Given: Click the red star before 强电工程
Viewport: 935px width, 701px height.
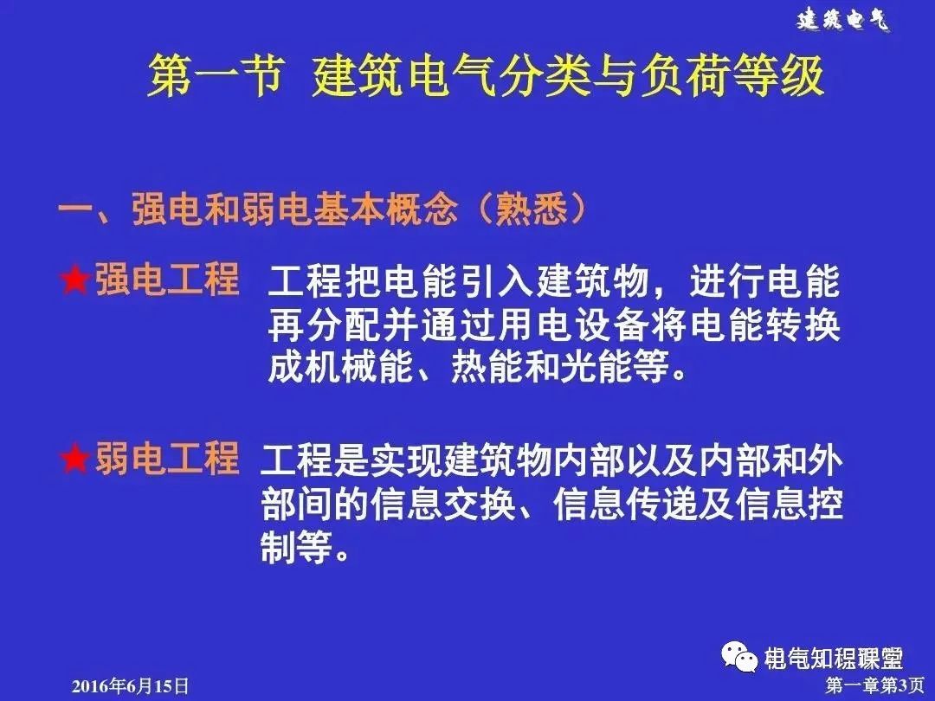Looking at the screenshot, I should pyautogui.click(x=75, y=281).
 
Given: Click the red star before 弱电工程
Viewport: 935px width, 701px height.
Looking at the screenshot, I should pyautogui.click(x=75, y=460).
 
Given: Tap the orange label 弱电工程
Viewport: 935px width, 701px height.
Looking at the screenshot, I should pyautogui.click(x=166, y=460).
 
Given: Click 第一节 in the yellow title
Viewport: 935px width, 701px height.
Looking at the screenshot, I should pyautogui.click(x=215, y=78).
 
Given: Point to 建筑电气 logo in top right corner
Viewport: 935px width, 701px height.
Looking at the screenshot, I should pyautogui.click(x=842, y=20).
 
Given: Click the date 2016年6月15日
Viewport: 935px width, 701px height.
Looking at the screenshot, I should pyautogui.click(x=129, y=686).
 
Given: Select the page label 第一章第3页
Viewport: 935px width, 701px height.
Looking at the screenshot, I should pyautogui.click(x=862, y=686).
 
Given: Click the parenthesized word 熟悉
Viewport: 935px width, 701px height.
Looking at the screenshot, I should pyautogui.click(x=530, y=210).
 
